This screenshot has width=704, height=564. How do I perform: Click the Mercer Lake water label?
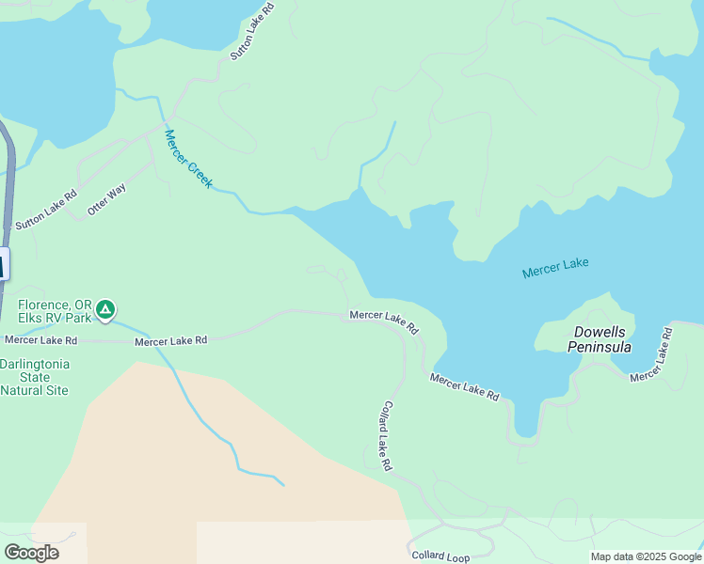click(x=555, y=268)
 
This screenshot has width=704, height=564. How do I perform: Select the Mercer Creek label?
click(x=188, y=159)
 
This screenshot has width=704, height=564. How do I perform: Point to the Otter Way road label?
click(x=106, y=199)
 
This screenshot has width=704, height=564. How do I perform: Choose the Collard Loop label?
click(x=440, y=556)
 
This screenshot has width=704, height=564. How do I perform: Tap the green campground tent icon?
click(x=106, y=308)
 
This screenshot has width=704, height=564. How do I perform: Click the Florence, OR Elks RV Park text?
click(x=55, y=311)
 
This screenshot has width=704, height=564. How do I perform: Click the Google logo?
click(x=31, y=553)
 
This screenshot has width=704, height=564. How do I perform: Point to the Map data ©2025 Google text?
click(x=645, y=556)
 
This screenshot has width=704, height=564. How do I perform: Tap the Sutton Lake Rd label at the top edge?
click(x=252, y=31)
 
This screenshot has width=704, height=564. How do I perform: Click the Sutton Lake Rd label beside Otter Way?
click(x=46, y=211)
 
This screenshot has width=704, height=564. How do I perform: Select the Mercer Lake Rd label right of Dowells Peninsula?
click(x=652, y=354)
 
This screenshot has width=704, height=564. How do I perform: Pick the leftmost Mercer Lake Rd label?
click(x=40, y=339)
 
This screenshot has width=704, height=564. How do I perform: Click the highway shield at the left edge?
click(x=3, y=264)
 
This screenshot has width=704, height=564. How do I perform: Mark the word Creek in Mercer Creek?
click(x=199, y=172)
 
